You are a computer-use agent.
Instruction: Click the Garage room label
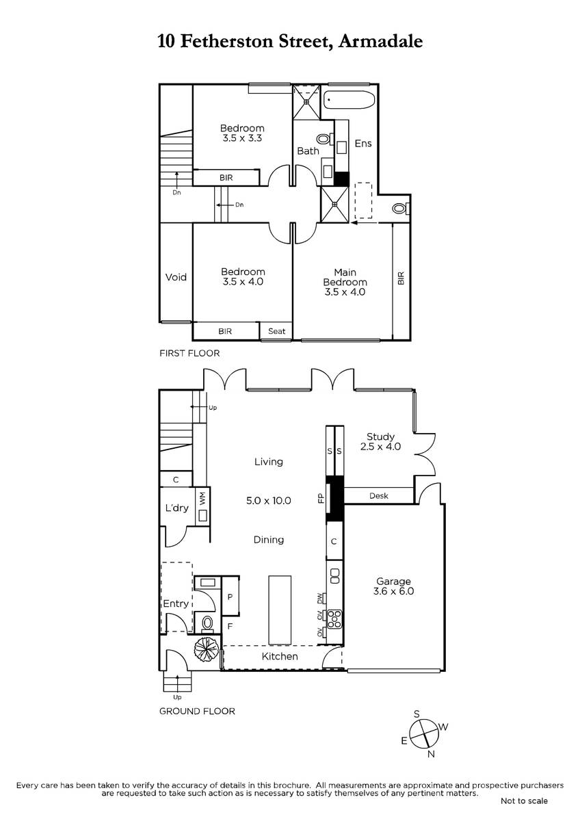[x=393, y=586]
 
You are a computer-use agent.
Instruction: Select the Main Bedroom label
[x=345, y=282]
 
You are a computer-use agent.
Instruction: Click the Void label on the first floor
[x=176, y=277]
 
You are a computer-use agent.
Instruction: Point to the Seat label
[x=276, y=331]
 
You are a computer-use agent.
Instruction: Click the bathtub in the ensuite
[x=348, y=100]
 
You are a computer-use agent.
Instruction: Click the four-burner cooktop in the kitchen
[x=334, y=618]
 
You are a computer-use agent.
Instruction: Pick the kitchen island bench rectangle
[x=280, y=610]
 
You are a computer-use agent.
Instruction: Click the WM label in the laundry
[x=203, y=498]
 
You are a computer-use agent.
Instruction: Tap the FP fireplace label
[x=321, y=499]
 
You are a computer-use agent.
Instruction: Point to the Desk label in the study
[x=378, y=496]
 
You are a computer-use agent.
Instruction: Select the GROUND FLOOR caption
[x=197, y=712]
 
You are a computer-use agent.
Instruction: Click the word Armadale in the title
[x=380, y=41]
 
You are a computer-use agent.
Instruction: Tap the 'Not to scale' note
[x=524, y=801]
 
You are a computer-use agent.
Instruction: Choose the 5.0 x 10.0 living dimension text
[x=269, y=501]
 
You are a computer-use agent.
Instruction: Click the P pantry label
[x=230, y=597]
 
